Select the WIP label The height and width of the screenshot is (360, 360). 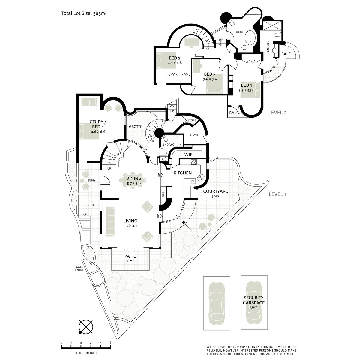pyautogui.click(x=188, y=154)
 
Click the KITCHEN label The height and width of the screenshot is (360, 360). pyautogui.click(x=183, y=173)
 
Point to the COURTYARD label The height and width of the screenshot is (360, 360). pyautogui.click(x=216, y=191)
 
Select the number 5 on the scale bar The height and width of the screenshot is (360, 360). pyautogui.click(x=111, y=343)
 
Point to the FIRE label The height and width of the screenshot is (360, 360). pyautogui.click(x=163, y=194)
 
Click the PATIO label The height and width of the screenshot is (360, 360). pyautogui.click(x=130, y=256)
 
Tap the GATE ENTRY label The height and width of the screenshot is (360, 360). pyautogui.click(x=79, y=268)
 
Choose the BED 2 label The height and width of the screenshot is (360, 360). pyautogui.click(x=175, y=58)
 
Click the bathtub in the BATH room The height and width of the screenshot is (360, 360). pyautogui.click(x=249, y=39)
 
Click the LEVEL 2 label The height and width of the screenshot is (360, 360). pyautogui.click(x=277, y=112)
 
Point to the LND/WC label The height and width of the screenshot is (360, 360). pyautogui.click(x=168, y=145)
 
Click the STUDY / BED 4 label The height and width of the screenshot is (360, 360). pyautogui.click(x=98, y=124)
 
